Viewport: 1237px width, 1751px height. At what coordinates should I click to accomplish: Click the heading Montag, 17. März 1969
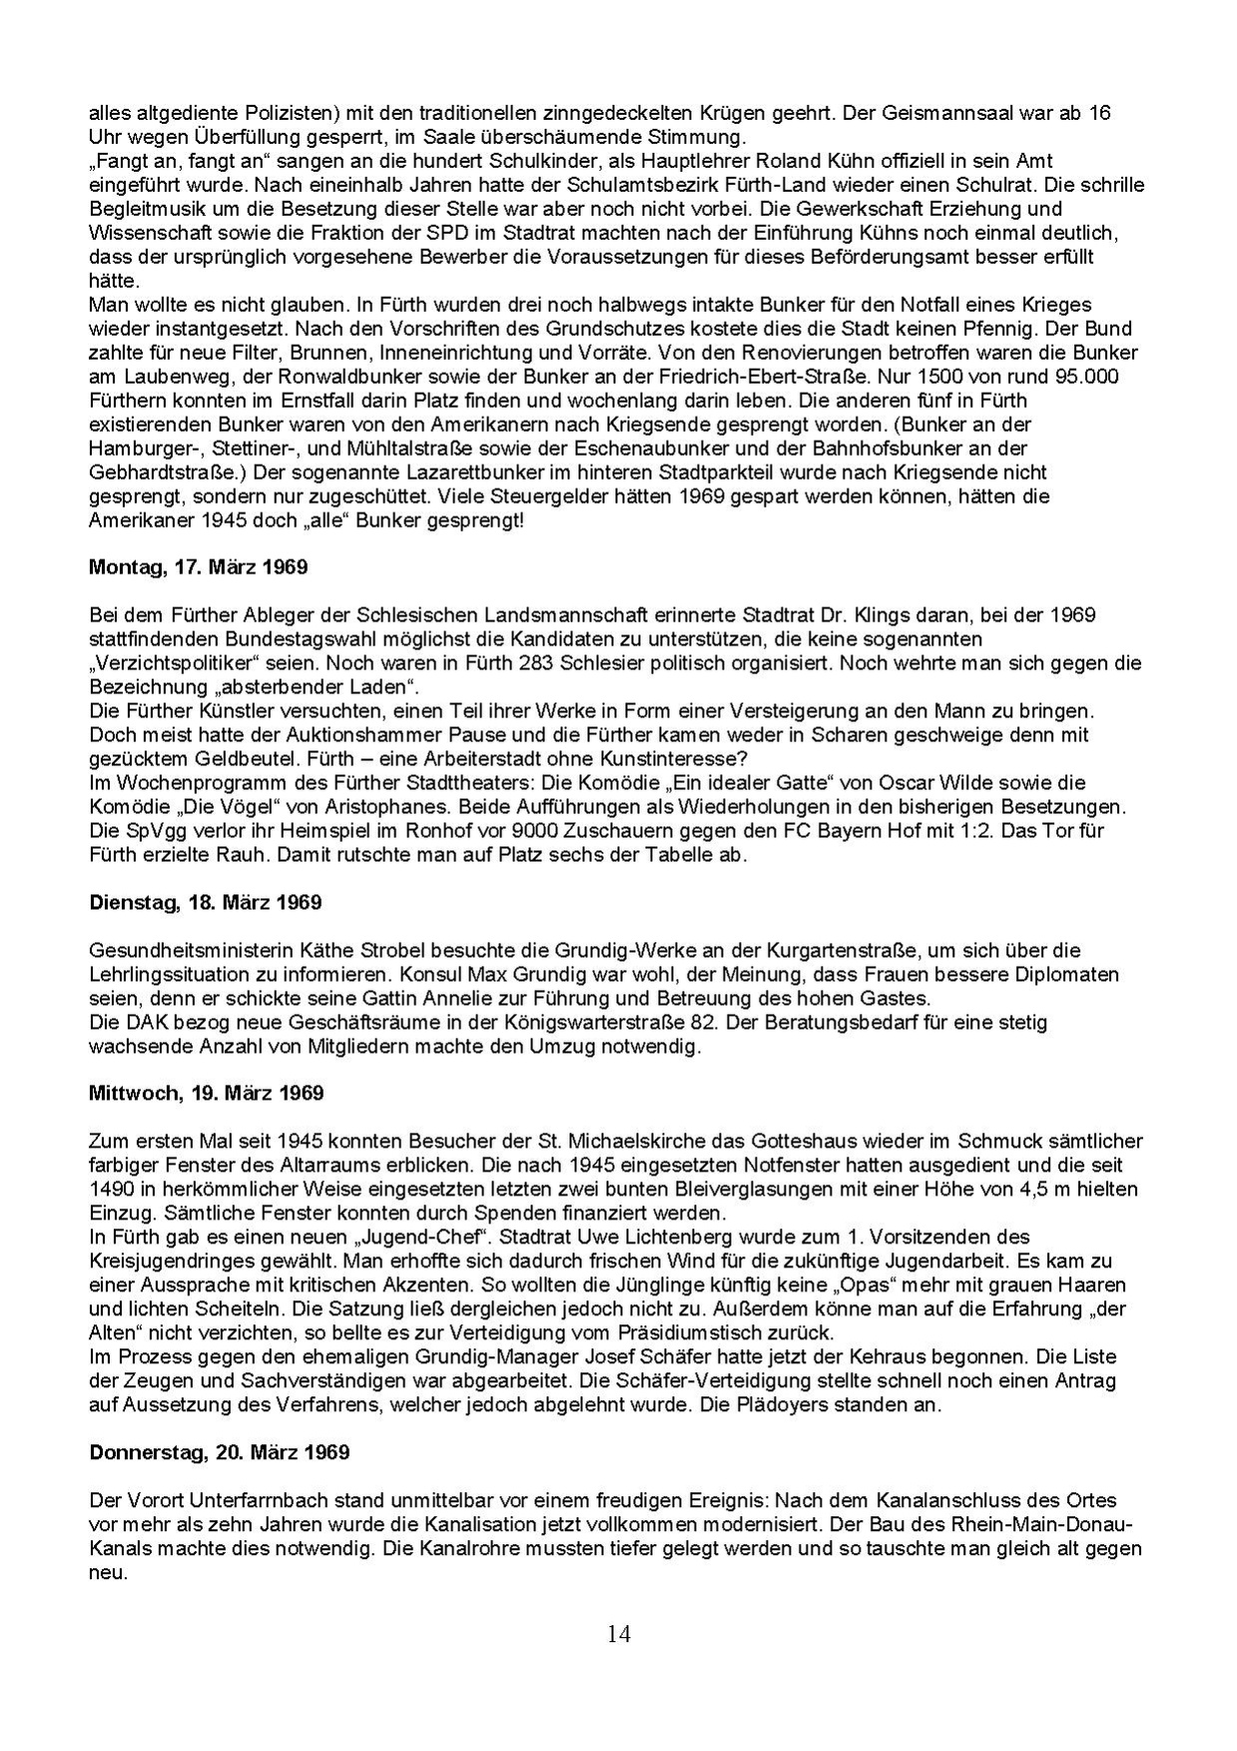[x=198, y=567]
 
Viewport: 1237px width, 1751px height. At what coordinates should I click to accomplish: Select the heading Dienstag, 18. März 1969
[x=205, y=903]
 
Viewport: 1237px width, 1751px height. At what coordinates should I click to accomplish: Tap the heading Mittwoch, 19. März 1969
[x=206, y=1093]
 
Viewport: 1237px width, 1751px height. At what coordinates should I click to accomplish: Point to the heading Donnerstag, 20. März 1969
[x=220, y=1452]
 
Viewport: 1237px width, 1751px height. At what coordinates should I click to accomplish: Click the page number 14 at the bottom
[x=618, y=1634]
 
